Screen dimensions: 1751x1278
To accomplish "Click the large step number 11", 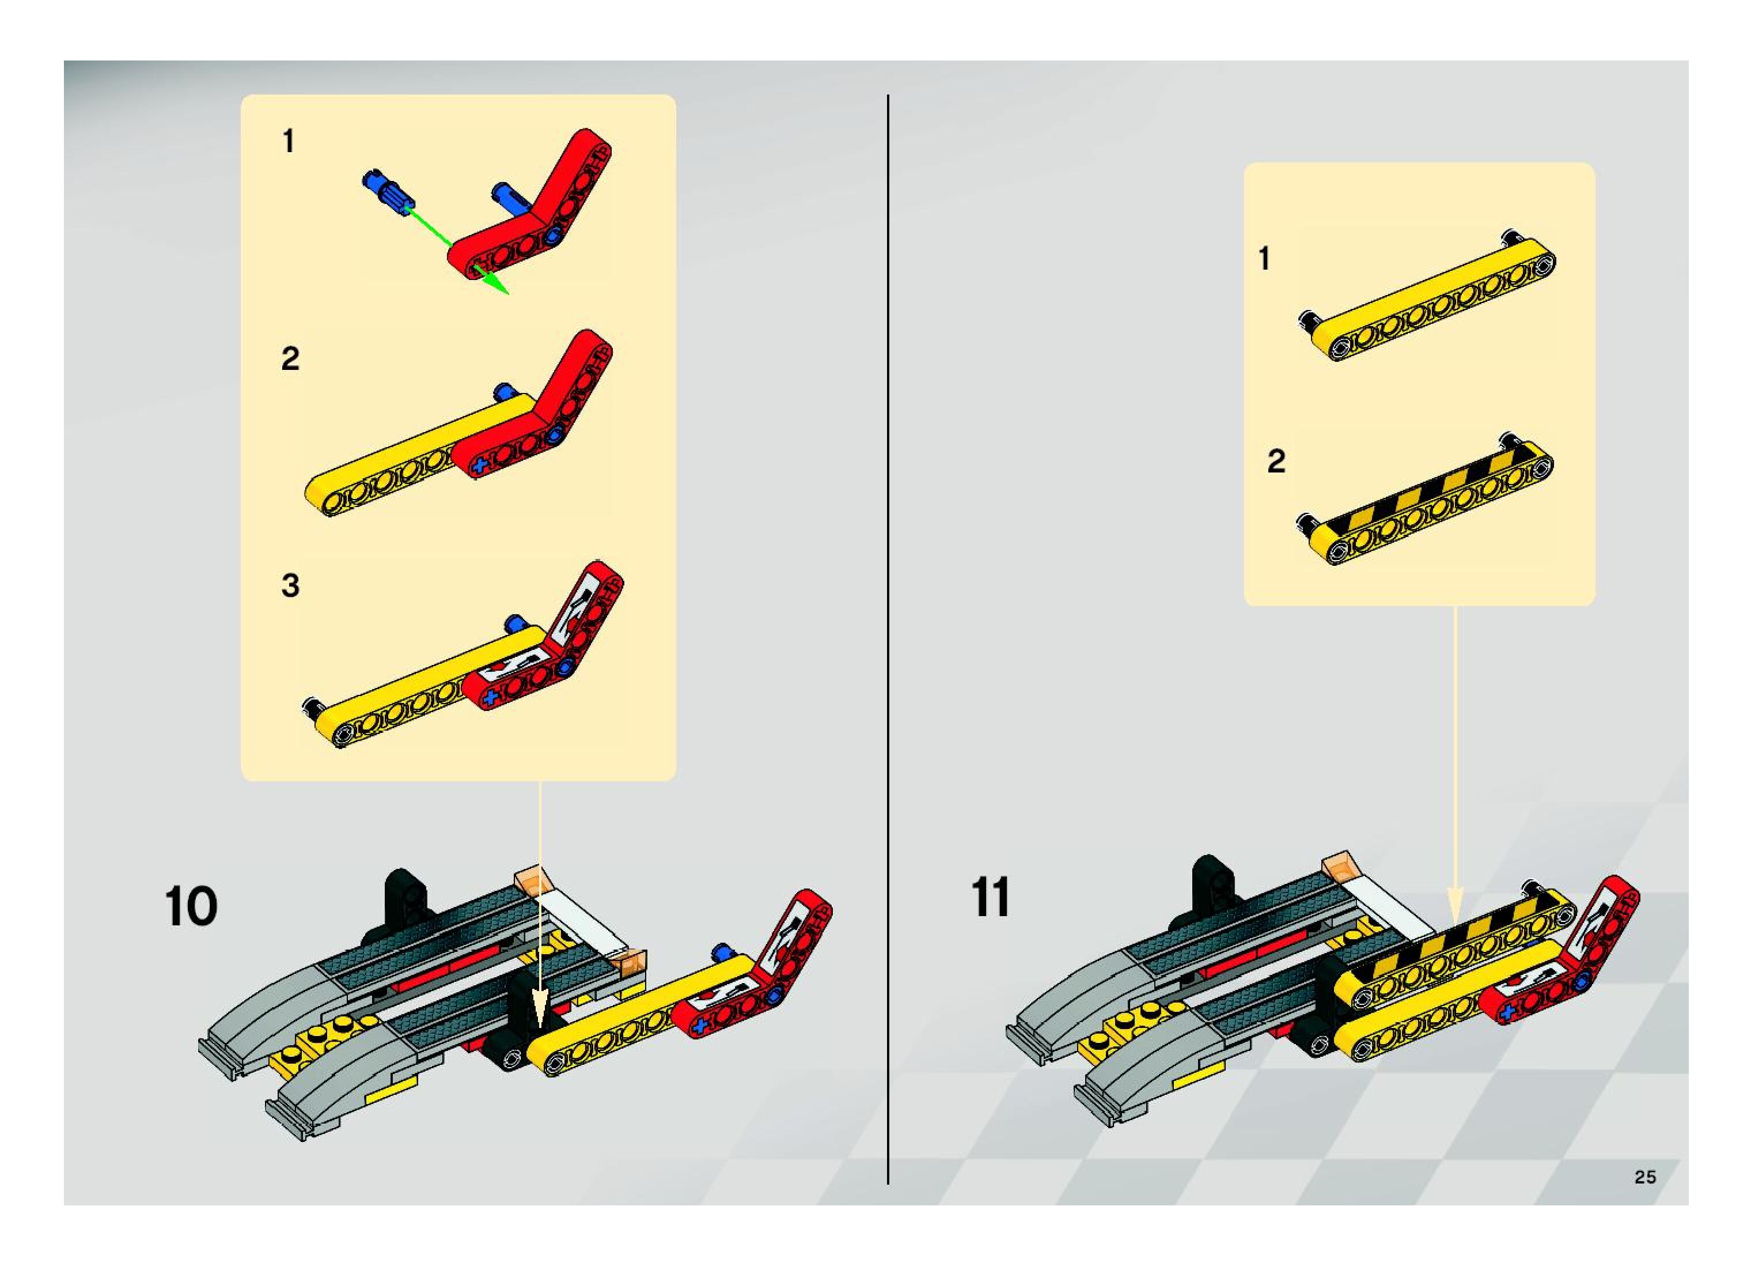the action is tap(990, 897).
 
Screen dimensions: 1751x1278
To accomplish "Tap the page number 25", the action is tap(1644, 1177).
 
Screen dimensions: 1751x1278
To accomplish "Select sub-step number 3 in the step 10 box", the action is tap(290, 585).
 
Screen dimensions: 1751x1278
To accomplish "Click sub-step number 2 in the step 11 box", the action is tap(1276, 461).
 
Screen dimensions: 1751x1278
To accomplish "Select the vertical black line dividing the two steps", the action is tap(888, 640).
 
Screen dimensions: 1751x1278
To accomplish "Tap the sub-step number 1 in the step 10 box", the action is tap(289, 142).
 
